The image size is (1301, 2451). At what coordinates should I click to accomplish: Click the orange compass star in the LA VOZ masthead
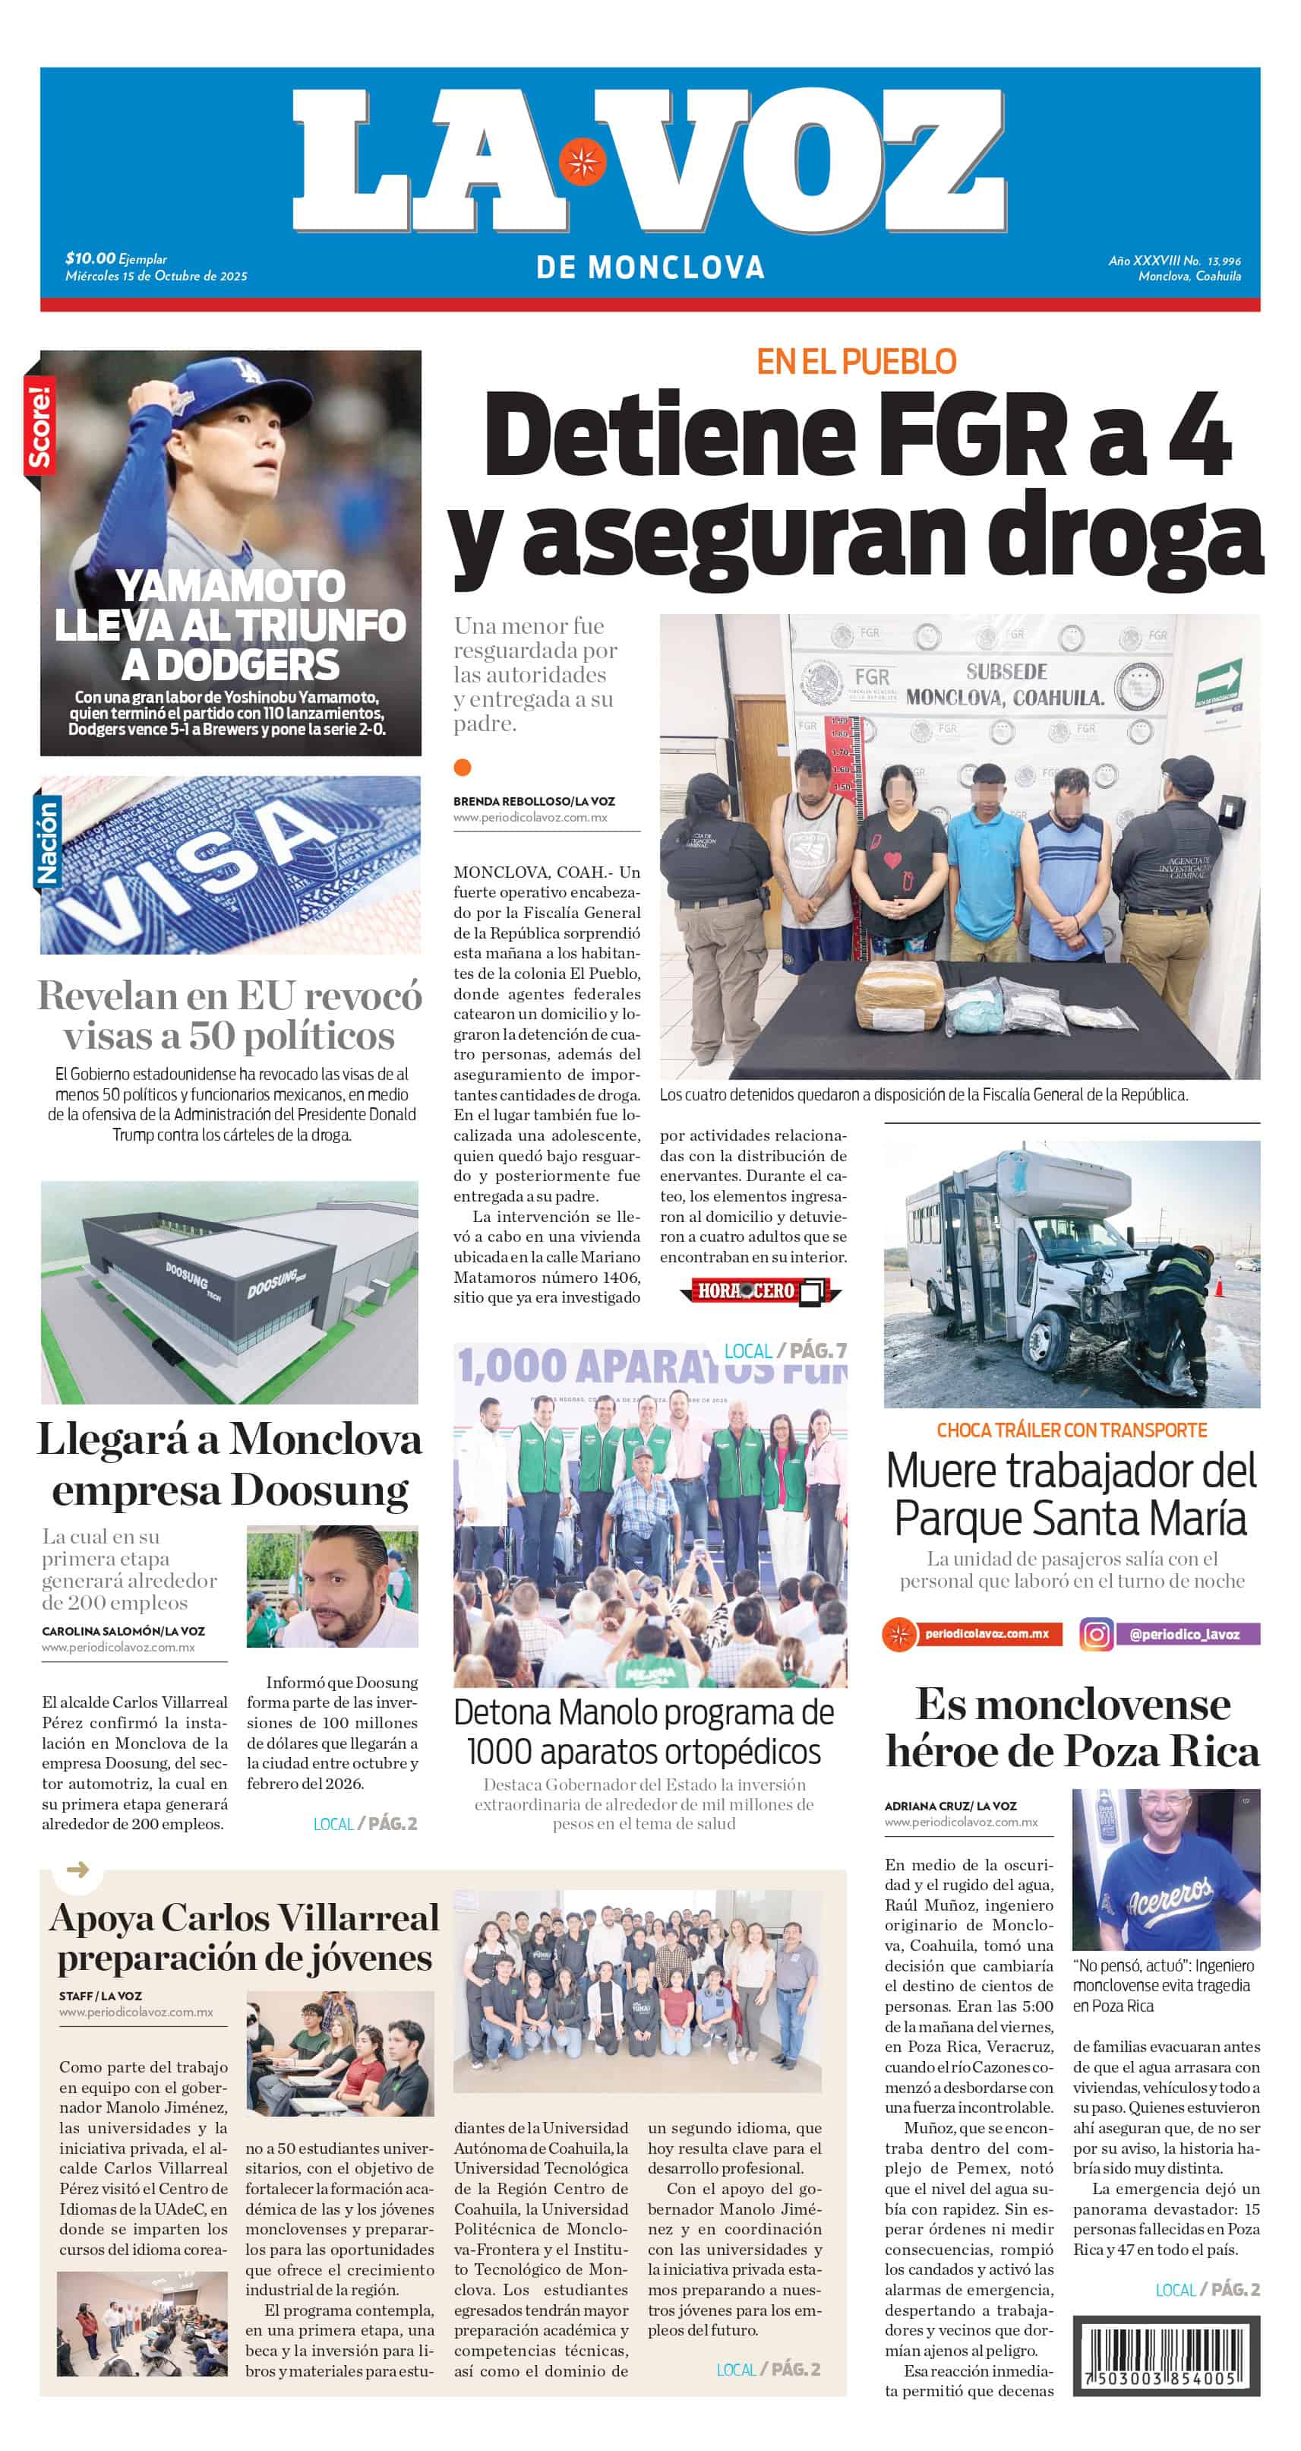click(x=582, y=161)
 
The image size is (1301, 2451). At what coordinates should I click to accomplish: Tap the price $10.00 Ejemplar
click(x=116, y=258)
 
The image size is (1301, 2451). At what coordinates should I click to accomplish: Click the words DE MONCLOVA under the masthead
click(x=650, y=268)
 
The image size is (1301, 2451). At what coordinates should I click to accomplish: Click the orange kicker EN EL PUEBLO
click(x=856, y=362)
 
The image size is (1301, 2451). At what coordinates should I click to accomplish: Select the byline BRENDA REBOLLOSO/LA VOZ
click(x=533, y=801)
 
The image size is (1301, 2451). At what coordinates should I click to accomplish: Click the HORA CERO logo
click(x=760, y=1291)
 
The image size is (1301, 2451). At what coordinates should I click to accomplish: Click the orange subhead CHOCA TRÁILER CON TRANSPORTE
click(x=1071, y=1430)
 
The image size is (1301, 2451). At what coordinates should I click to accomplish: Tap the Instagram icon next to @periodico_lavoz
click(x=1096, y=1634)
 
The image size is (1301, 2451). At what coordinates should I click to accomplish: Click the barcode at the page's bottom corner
click(x=1166, y=2357)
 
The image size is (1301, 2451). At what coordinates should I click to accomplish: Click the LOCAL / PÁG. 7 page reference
click(x=784, y=1351)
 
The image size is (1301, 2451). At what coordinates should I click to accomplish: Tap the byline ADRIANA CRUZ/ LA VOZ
click(x=950, y=1806)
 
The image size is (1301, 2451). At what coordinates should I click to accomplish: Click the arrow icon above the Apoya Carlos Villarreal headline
click(x=78, y=1870)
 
